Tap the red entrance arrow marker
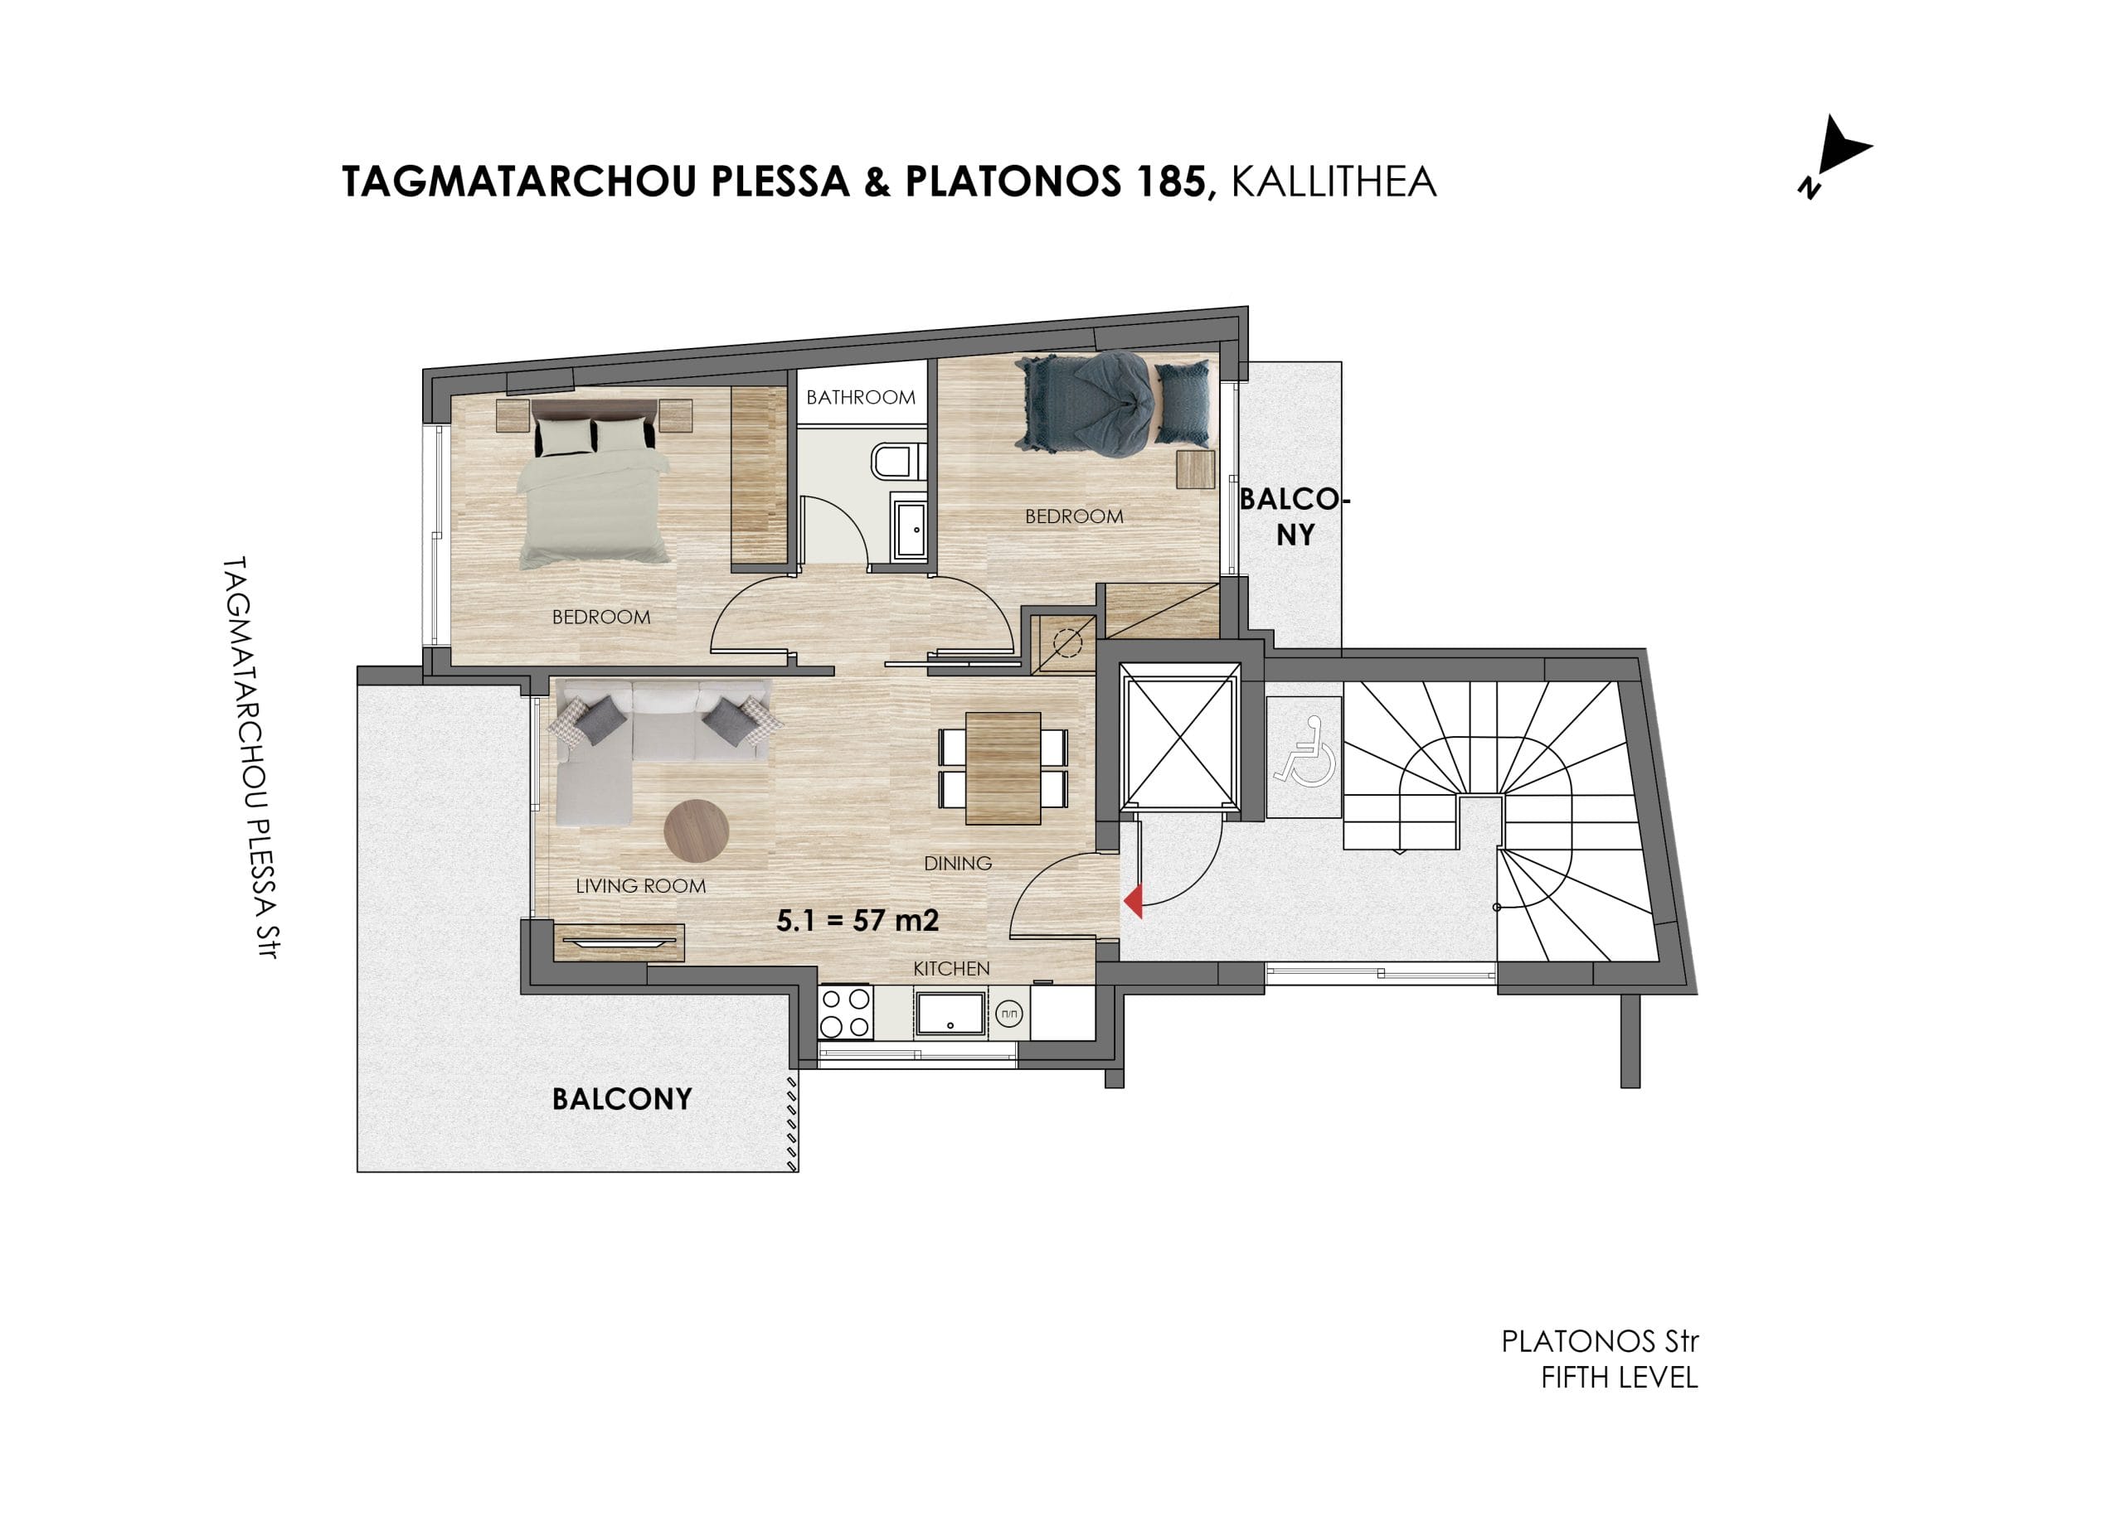(1132, 903)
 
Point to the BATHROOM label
(860, 398)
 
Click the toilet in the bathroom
(897, 460)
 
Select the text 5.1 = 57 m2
(857, 920)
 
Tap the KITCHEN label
(951, 969)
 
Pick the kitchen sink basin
(950, 1014)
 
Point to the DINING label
(957, 864)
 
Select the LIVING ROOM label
(641, 886)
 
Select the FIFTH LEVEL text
(1619, 1378)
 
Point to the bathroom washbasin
(910, 530)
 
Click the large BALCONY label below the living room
(622, 1099)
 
